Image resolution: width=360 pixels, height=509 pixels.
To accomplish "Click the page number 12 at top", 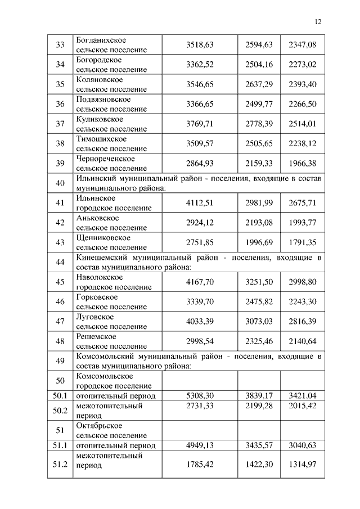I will click(318, 22).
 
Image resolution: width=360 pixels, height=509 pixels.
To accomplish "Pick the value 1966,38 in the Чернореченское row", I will click(303, 163).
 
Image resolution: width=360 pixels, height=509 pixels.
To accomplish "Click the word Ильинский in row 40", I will click(96, 178).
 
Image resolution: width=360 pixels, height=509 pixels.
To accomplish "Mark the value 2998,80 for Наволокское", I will click(303, 282).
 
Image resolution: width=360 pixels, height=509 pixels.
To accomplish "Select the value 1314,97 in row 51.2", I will click(303, 465).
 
